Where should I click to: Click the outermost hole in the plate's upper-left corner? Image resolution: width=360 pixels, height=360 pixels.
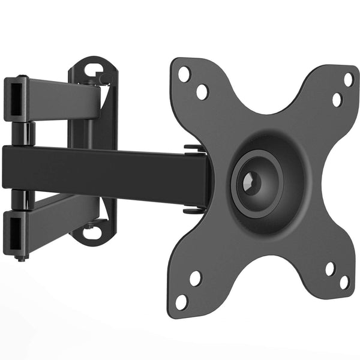click(x=185, y=74)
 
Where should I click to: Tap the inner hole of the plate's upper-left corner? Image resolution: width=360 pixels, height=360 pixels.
click(x=202, y=91)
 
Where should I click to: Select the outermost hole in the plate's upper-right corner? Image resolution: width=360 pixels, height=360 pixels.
click(x=348, y=79)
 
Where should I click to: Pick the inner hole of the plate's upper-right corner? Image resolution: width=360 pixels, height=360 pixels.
click(x=337, y=100)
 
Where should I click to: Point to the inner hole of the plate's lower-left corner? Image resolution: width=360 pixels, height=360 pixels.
click(x=195, y=278)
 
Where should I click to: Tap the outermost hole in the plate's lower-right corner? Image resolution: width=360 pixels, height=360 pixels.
click(x=344, y=281)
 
